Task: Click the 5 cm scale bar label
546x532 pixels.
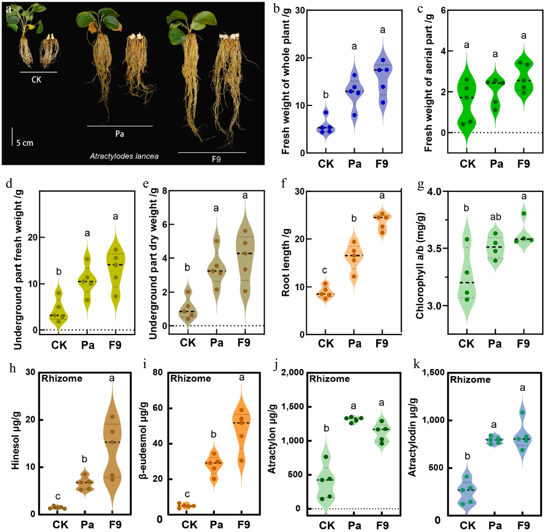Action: (x=25, y=143)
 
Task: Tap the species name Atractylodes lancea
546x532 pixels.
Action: (x=124, y=156)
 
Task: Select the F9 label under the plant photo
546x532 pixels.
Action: (x=216, y=159)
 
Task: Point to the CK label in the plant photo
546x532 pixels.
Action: (x=36, y=80)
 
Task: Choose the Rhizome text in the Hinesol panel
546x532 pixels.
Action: (x=62, y=379)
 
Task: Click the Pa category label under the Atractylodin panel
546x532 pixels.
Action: (x=495, y=525)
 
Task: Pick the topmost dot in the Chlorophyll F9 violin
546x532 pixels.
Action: (x=524, y=214)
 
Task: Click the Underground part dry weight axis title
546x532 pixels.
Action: (x=153, y=264)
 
